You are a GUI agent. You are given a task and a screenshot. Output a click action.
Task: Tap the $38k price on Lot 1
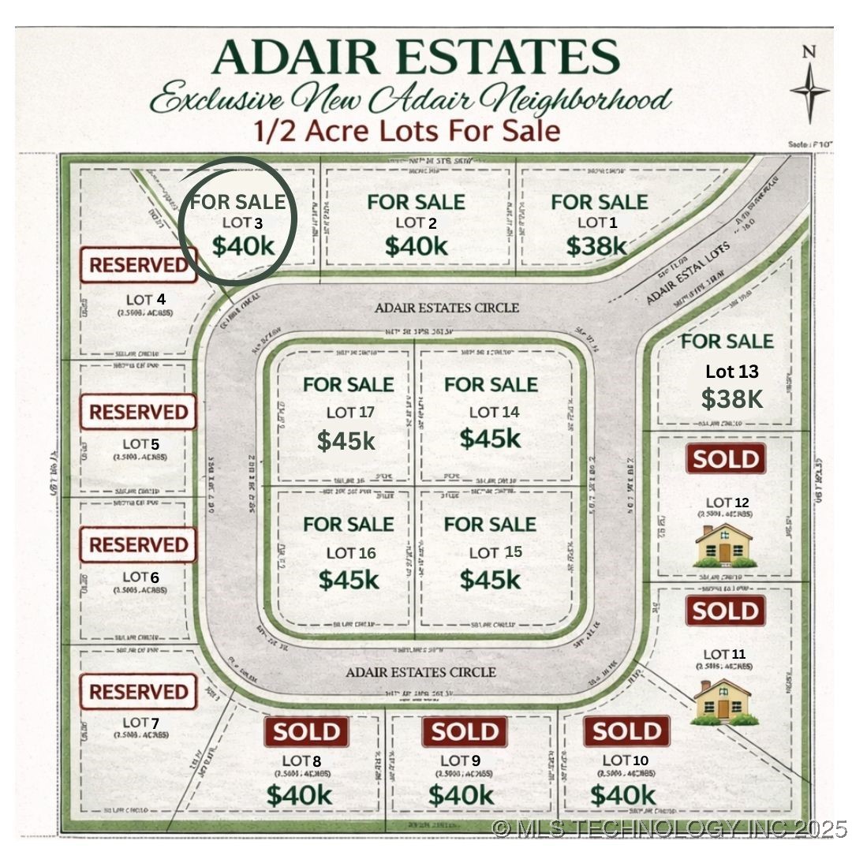tap(596, 246)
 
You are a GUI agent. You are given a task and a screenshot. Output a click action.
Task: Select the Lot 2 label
tap(416, 223)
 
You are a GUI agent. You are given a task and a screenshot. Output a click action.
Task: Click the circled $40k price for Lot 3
tap(243, 246)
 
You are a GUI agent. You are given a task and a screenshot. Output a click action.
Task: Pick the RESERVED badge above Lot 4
tap(137, 265)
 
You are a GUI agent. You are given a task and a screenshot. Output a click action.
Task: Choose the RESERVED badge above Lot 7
tap(137, 692)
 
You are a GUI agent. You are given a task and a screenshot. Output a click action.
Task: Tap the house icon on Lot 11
tap(723, 701)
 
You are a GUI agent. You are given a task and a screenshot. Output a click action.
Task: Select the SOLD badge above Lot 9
tap(464, 732)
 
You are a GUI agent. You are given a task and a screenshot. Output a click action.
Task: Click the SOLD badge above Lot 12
tap(726, 459)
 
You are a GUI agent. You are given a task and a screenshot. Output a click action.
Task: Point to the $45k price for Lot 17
tap(346, 440)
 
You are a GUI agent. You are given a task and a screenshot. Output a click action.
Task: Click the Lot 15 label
tap(495, 552)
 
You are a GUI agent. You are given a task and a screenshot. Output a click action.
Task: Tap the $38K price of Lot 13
tap(732, 399)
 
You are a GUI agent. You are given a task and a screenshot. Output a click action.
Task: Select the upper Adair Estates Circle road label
tap(447, 307)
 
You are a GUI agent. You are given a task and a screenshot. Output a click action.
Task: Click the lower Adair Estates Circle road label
tap(421, 672)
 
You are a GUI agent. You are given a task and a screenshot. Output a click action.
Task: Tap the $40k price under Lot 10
tap(622, 794)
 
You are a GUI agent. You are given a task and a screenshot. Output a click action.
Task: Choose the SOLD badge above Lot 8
tap(306, 732)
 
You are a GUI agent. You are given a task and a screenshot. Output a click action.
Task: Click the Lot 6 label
tap(141, 577)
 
